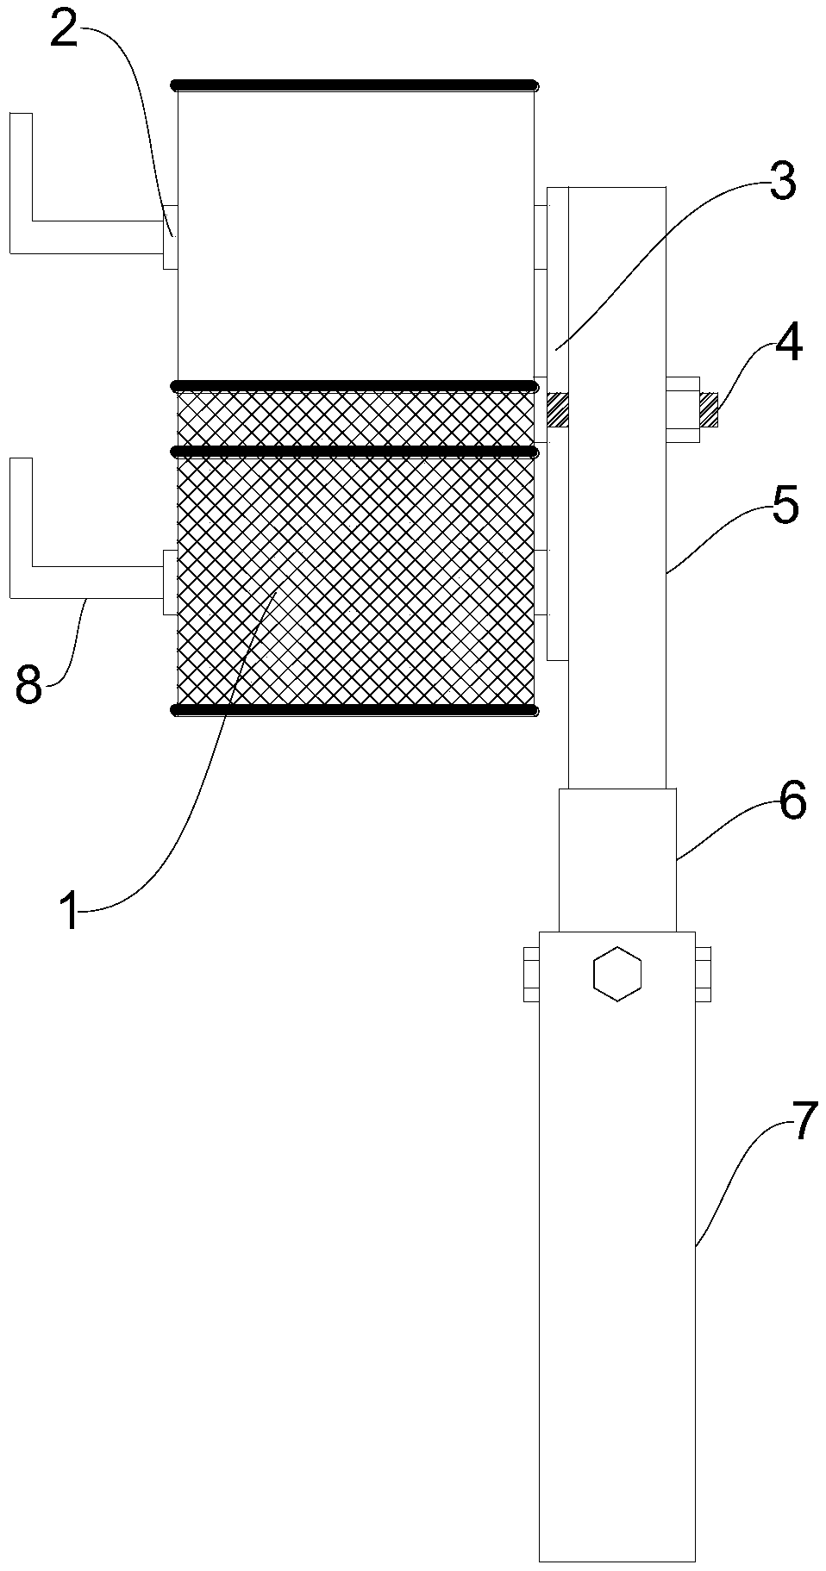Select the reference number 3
[781, 184]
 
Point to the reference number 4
[788, 343]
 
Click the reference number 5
[785, 507]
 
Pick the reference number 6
[792, 801]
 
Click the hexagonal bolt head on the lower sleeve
[617, 974]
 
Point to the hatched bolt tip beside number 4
[709, 409]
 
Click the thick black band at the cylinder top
[354, 85]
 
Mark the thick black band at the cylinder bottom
[354, 710]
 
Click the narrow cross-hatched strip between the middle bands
[354, 418]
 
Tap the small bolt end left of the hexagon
[531, 975]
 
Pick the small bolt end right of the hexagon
[703, 975]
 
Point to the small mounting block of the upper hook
[171, 237]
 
